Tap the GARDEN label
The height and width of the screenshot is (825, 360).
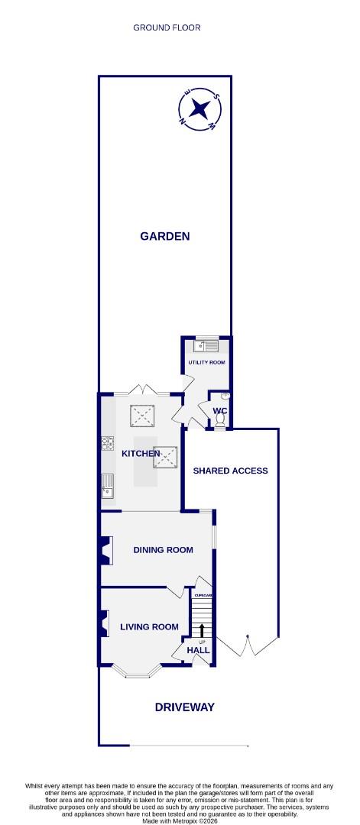[164, 236]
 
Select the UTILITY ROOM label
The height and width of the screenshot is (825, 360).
[206, 362]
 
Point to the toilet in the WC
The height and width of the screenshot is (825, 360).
[222, 399]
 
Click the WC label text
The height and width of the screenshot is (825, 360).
[220, 411]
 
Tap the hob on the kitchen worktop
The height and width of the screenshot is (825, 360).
[106, 443]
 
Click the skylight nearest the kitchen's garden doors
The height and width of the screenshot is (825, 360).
[142, 416]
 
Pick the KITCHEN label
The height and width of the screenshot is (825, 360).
[141, 454]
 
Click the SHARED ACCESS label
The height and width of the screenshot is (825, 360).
[230, 471]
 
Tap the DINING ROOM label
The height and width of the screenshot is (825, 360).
[163, 549]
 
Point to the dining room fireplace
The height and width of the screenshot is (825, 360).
[105, 550]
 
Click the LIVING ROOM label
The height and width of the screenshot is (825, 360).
[149, 627]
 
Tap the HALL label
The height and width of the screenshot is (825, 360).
[198, 650]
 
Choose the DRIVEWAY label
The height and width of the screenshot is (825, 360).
[184, 707]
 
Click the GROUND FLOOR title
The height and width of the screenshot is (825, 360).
[167, 27]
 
